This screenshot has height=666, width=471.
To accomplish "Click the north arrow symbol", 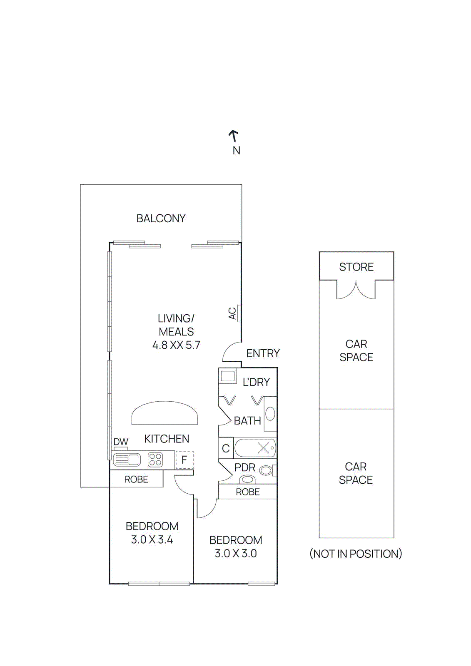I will (x=234, y=136).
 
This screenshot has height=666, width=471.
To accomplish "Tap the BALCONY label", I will (x=161, y=219).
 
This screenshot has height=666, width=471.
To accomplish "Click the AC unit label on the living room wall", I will (x=232, y=313).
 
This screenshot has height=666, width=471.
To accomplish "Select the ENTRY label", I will (x=263, y=353).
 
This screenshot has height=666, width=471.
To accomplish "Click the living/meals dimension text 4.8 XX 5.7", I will (x=176, y=345).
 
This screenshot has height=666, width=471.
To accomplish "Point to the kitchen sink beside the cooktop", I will (x=127, y=460).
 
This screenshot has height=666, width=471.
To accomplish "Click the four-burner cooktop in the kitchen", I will (x=155, y=460).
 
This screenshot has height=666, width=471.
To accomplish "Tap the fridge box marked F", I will (x=184, y=460).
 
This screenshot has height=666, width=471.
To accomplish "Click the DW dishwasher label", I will (x=121, y=442).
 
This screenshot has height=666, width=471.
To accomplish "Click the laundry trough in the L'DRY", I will (x=228, y=376).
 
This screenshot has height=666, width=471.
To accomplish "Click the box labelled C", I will (x=226, y=448).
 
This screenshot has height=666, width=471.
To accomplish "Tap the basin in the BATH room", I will (x=270, y=414).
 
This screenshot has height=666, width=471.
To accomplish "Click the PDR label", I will (x=244, y=467).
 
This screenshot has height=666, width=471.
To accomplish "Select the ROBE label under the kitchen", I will (x=136, y=480).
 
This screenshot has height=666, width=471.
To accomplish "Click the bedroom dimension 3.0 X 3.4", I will (x=152, y=540).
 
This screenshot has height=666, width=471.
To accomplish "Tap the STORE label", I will (x=356, y=267).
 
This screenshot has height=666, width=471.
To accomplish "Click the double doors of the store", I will (x=356, y=291).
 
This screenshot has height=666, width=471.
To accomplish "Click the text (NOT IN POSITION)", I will (x=356, y=554).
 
